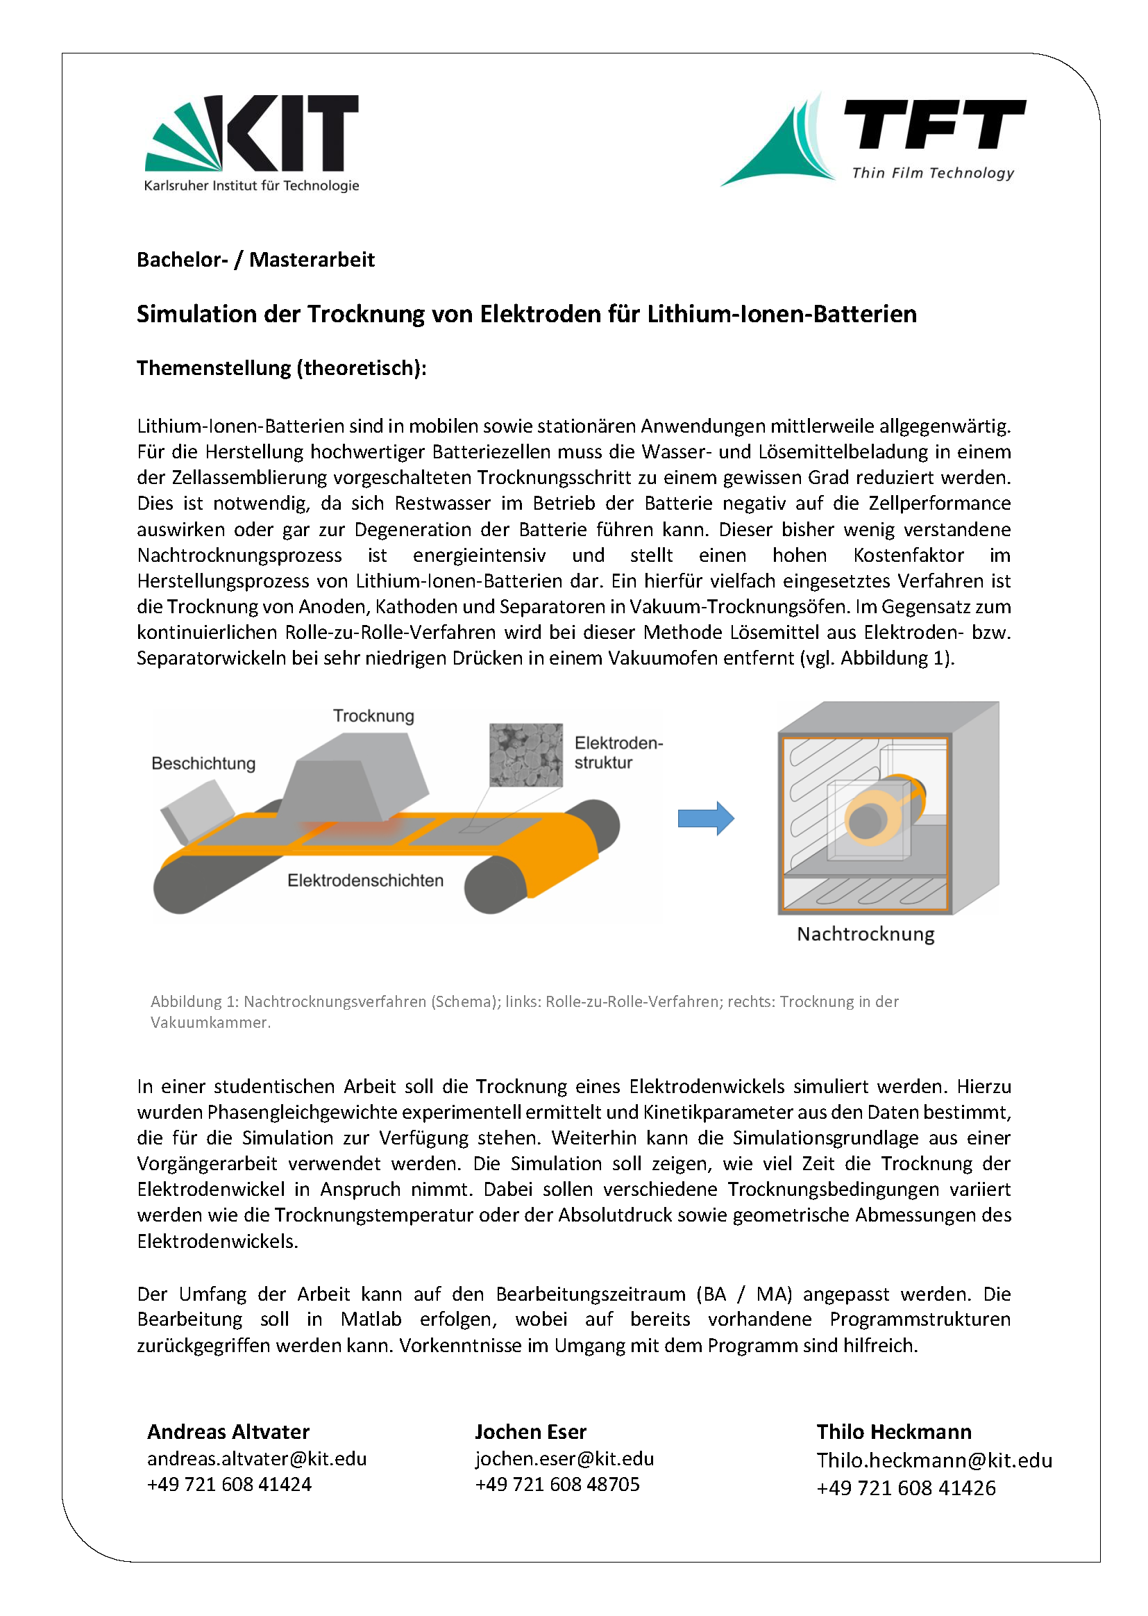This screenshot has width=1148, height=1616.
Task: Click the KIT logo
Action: [252, 142]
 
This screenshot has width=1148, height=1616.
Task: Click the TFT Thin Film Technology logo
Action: [872, 140]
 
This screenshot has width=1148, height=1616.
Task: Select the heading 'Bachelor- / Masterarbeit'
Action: [255, 260]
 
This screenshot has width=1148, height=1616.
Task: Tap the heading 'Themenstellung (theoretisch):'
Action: [281, 368]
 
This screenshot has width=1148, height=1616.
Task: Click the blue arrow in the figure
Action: [705, 818]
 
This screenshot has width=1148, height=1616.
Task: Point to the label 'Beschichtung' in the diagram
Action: [203, 763]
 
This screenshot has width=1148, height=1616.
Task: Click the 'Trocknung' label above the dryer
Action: [373, 716]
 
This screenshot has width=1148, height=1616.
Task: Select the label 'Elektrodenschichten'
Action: [365, 881]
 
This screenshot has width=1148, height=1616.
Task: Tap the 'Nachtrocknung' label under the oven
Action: [866, 934]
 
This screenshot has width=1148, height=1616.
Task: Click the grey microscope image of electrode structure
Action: [526, 755]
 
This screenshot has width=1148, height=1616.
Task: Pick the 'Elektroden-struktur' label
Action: [618, 753]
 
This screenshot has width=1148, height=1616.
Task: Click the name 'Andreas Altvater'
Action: [228, 1432]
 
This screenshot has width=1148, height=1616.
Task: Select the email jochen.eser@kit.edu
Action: [564, 1458]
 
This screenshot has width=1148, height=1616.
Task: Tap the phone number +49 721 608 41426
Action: [906, 1488]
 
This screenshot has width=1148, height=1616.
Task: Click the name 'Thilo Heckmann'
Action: [893, 1432]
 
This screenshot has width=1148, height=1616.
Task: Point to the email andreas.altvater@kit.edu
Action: [257, 1458]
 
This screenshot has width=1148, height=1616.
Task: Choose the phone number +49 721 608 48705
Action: [557, 1484]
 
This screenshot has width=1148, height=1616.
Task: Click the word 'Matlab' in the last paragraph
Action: [371, 1319]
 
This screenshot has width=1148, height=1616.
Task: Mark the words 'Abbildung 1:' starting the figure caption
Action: [194, 1001]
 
